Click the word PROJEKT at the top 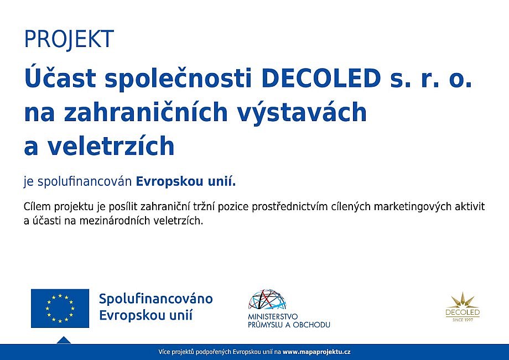click(x=69, y=39)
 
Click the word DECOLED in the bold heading click(x=321, y=79)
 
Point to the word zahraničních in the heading click(x=146, y=111)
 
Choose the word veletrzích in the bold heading click(x=111, y=145)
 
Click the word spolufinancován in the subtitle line click(x=85, y=181)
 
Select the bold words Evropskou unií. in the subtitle click(x=186, y=181)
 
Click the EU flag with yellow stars click(x=60, y=308)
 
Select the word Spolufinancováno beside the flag click(x=156, y=299)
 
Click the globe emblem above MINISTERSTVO click(x=267, y=300)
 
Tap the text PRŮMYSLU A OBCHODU click(x=289, y=325)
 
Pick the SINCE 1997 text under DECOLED click(x=463, y=320)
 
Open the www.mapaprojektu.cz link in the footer click(x=316, y=352)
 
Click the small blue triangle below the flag click(x=64, y=340)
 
